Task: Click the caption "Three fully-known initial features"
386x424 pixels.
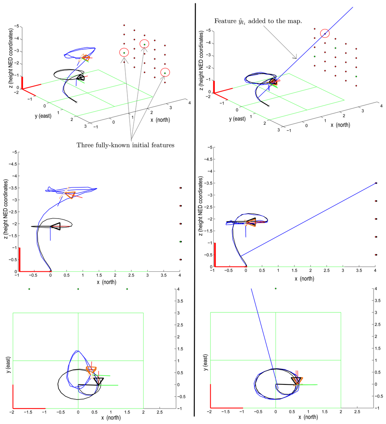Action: point(125,145)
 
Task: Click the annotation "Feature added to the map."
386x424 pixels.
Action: point(258,21)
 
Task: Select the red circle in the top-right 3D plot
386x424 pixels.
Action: point(325,34)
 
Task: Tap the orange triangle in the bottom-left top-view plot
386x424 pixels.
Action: point(91,370)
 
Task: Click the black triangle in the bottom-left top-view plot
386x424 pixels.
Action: point(98,381)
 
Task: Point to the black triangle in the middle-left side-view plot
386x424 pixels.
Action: point(55,226)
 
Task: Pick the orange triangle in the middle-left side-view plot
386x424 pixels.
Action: point(70,194)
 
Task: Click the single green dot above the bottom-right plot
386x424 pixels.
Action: point(276,289)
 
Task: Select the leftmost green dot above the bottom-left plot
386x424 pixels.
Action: point(29,289)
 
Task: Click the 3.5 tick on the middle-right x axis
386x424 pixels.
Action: point(359,271)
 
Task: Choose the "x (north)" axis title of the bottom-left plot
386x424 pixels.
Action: point(111,418)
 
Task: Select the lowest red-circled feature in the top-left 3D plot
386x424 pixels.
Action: point(165,72)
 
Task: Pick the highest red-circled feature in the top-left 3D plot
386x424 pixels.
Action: point(144,44)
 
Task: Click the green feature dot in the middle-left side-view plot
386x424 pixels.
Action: point(181,242)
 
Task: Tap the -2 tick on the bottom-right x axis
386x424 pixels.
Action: point(210,413)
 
